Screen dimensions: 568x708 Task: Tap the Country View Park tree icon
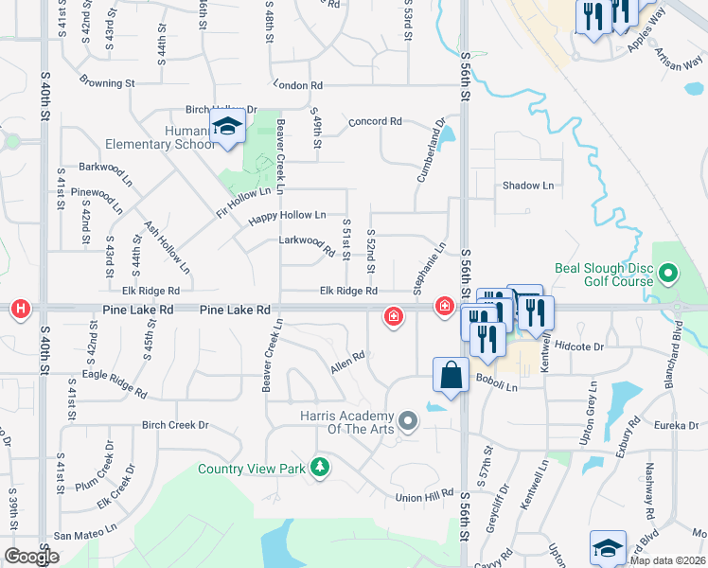pyautogui.click(x=321, y=468)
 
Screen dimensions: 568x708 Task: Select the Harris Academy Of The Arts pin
pyautogui.click(x=408, y=419)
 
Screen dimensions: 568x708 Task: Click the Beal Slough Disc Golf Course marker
pyautogui.click(x=668, y=275)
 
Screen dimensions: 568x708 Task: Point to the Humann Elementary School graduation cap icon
pyautogui.click(x=227, y=126)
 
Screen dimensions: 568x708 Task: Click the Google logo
pyautogui.click(x=31, y=557)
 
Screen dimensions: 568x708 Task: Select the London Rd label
pyautogui.click(x=292, y=85)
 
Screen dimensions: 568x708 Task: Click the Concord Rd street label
pyautogui.click(x=375, y=122)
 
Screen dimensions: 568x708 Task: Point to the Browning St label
pyautogui.click(x=107, y=82)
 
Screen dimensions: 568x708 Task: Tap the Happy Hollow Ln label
pyautogui.click(x=287, y=217)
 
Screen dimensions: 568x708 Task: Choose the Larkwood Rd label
pyautogui.click(x=307, y=244)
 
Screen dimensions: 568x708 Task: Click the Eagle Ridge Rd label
pyautogui.click(x=115, y=382)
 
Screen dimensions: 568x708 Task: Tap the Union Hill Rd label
pyautogui.click(x=425, y=497)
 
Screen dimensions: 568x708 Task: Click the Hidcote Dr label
pyautogui.click(x=578, y=347)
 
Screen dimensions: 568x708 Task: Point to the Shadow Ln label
pyautogui.click(x=527, y=186)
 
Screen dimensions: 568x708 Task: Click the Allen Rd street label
pyautogui.click(x=347, y=362)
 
